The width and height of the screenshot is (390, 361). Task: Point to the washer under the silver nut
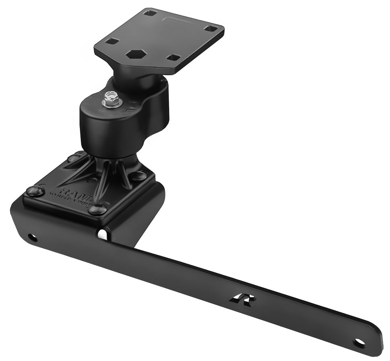(112, 103)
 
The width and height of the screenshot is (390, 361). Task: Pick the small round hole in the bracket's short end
(30, 237)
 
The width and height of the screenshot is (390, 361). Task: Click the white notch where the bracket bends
(103, 234)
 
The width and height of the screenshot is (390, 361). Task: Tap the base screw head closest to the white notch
(97, 209)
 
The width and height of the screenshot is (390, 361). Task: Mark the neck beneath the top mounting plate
(129, 77)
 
